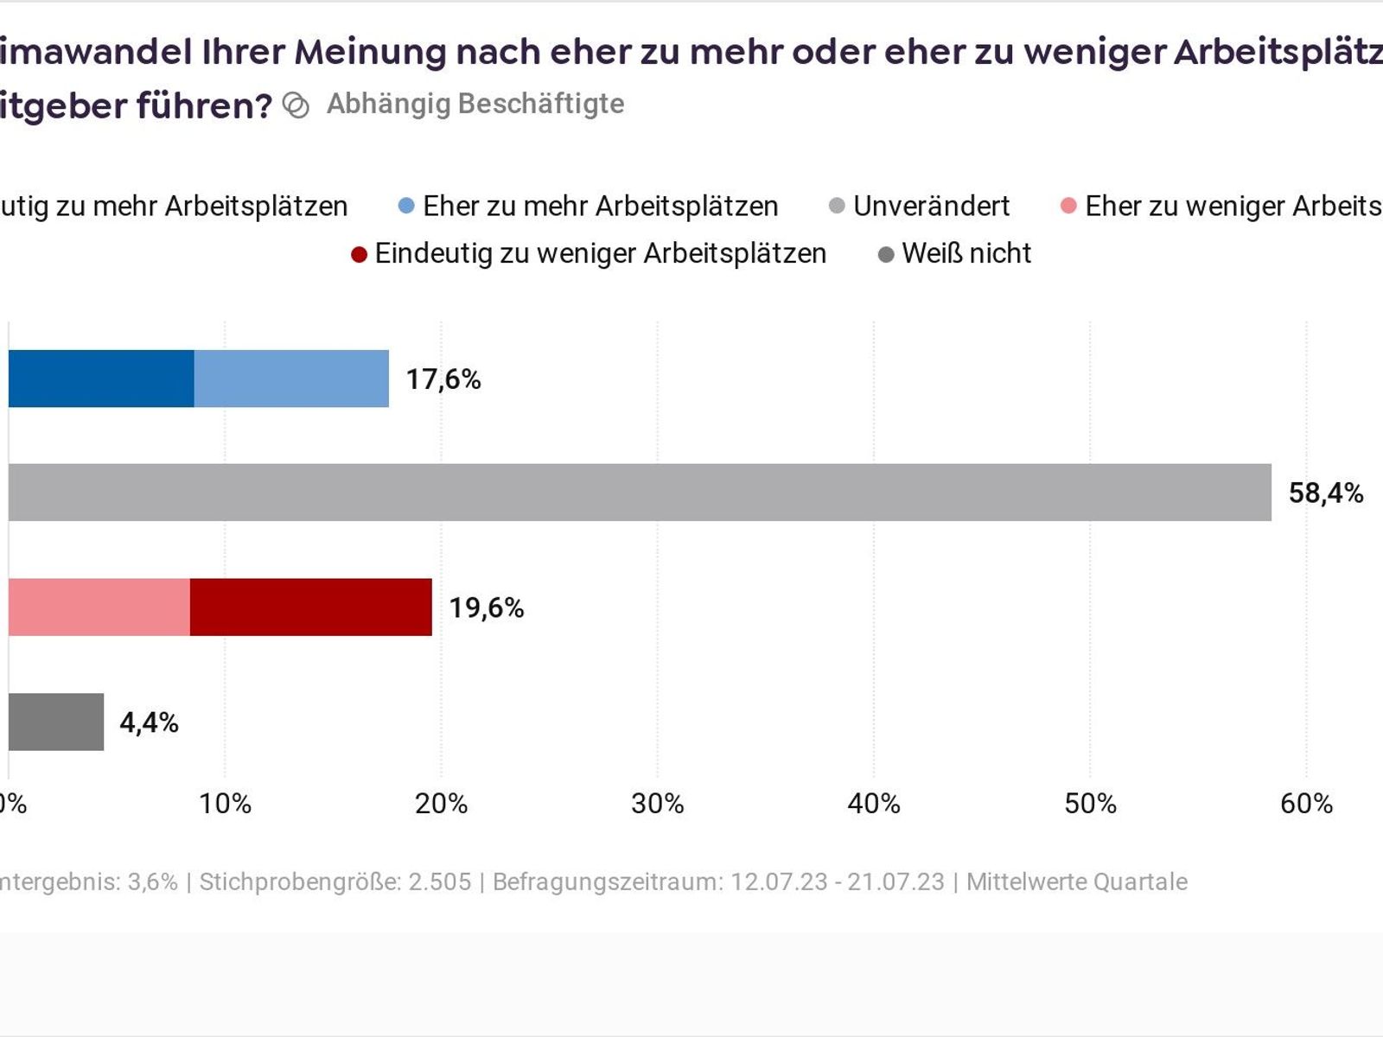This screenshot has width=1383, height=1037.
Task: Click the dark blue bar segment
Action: pyautogui.click(x=101, y=379)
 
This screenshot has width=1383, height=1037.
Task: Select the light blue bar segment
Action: pyautogui.click(x=291, y=379)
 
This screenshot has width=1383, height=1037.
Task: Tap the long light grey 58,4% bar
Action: pyautogui.click(x=640, y=493)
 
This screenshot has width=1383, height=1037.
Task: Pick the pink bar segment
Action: pyautogui.click(x=99, y=608)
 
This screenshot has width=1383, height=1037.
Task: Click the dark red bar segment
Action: pyautogui.click(x=311, y=608)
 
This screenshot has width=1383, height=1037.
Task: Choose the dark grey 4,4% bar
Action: pyautogui.click(x=56, y=722)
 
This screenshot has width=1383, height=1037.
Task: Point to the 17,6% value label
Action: pyautogui.click(x=443, y=379)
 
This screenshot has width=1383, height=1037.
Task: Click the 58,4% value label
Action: pyautogui.click(x=1326, y=493)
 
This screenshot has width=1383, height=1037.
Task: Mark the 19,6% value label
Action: pyautogui.click(x=487, y=608)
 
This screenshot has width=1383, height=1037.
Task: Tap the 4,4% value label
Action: pyautogui.click(x=149, y=722)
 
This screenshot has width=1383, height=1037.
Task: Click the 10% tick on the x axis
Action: pyautogui.click(x=225, y=804)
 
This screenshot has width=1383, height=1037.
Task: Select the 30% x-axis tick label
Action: pyautogui.click(x=658, y=804)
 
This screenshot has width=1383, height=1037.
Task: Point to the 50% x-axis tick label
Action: pyautogui.click(x=1090, y=804)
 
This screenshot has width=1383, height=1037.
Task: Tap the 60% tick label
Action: pyautogui.click(x=1306, y=804)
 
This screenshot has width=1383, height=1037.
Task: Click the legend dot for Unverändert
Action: pyautogui.click(x=837, y=207)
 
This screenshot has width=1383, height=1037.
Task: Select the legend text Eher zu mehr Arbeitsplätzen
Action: pyautogui.click(x=600, y=207)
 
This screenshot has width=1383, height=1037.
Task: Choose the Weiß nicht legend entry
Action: pyautogui.click(x=966, y=253)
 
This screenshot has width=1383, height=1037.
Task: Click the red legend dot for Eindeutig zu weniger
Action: pyautogui.click(x=360, y=255)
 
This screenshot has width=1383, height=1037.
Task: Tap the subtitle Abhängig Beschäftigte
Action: pyautogui.click(x=475, y=104)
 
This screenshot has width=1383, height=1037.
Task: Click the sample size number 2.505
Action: pyautogui.click(x=440, y=881)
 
